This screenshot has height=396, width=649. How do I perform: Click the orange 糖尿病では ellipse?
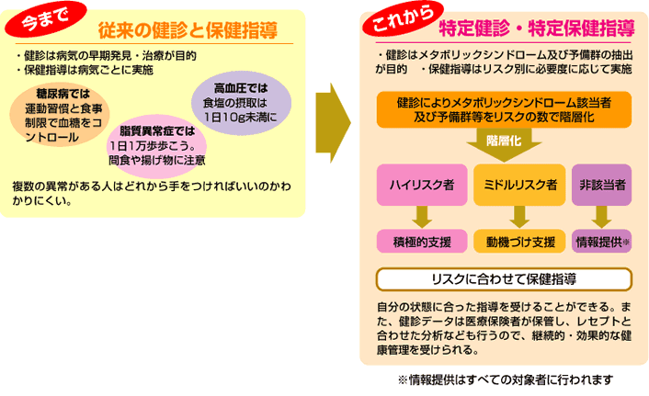(x=62, y=115)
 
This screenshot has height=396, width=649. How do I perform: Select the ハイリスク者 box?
(x=423, y=185)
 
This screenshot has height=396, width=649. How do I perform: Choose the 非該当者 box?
(x=603, y=185)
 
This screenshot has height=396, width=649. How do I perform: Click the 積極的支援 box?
(x=423, y=242)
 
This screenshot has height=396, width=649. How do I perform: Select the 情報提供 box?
(x=601, y=242)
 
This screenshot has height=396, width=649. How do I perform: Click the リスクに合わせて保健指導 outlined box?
(x=504, y=278)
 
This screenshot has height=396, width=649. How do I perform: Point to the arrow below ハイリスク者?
(x=423, y=216)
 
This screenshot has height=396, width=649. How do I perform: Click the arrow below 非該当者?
(x=603, y=216)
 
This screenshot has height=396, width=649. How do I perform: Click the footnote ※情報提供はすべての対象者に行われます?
(x=504, y=379)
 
